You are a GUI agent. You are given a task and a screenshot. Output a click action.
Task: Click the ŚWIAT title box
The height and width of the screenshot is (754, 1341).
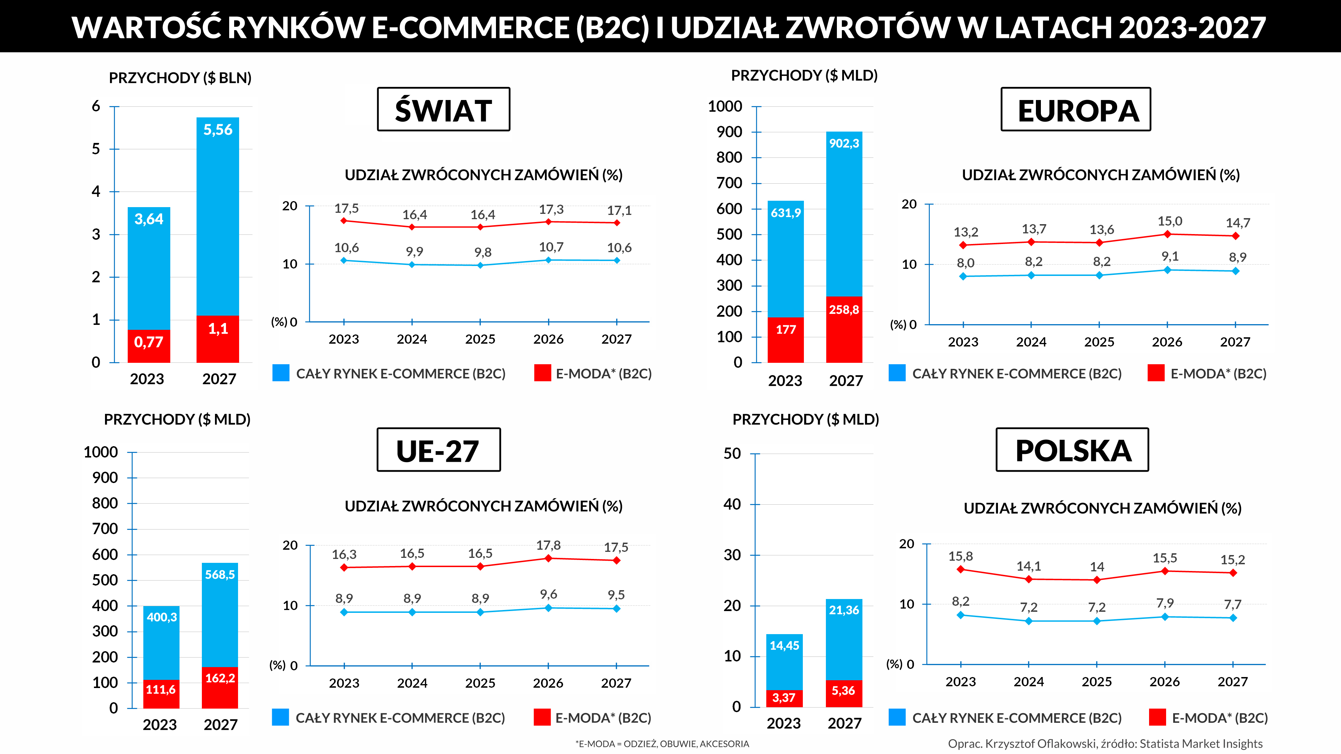coord(443,109)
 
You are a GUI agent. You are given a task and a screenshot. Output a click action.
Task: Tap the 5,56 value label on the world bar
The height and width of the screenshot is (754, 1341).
coord(217,129)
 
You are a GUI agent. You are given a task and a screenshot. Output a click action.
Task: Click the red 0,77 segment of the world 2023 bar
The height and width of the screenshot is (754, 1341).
coord(149,344)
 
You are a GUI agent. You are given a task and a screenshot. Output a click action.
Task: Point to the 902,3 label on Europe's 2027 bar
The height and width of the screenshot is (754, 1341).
coord(844,143)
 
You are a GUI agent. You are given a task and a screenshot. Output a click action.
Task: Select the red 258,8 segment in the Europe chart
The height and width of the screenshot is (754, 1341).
coord(844,328)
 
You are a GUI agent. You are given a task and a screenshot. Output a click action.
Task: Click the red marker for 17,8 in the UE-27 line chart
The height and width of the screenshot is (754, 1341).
coord(548,558)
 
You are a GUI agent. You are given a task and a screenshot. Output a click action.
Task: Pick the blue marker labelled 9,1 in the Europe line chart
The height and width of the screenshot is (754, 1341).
coord(1167,270)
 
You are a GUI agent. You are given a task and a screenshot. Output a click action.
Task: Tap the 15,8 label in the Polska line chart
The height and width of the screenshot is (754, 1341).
coord(960,556)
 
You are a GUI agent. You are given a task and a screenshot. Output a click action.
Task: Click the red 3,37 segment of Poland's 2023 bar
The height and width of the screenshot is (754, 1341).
coord(784,698)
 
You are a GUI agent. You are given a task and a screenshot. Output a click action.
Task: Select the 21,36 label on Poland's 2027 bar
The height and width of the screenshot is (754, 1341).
coord(844,610)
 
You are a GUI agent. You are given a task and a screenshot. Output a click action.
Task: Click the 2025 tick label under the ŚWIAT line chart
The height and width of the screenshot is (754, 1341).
coord(480,339)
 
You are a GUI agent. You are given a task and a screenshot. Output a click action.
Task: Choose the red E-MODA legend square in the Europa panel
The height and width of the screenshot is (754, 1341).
coord(1156,373)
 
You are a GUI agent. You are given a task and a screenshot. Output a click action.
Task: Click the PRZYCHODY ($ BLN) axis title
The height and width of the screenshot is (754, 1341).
coord(180,78)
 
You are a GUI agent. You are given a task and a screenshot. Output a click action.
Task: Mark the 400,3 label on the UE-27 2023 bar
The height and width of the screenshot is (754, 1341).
coord(161,617)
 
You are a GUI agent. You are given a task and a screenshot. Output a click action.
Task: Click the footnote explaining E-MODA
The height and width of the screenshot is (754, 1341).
coord(662,744)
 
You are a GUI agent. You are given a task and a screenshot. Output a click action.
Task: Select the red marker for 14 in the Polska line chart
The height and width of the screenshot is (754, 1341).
coord(1097,580)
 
